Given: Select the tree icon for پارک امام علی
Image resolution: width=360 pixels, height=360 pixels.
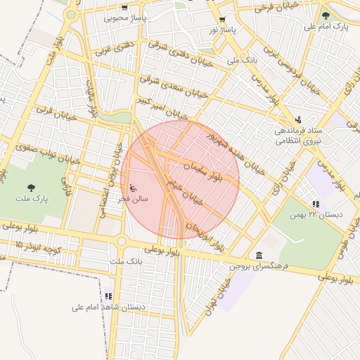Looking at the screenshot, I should click(324, 15).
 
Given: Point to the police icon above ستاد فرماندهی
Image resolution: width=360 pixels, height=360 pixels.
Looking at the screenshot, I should click(299, 119).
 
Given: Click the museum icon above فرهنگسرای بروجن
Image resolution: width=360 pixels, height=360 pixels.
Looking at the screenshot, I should click(259, 255).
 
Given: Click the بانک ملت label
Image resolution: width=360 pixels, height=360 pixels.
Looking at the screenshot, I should click(121, 262).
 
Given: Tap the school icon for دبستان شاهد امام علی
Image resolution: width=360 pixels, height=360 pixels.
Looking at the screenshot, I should click(108, 297).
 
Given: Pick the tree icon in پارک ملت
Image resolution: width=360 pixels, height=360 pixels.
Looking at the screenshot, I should click(31, 187).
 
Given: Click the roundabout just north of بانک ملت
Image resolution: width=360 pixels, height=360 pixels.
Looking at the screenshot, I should click(121, 241).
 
